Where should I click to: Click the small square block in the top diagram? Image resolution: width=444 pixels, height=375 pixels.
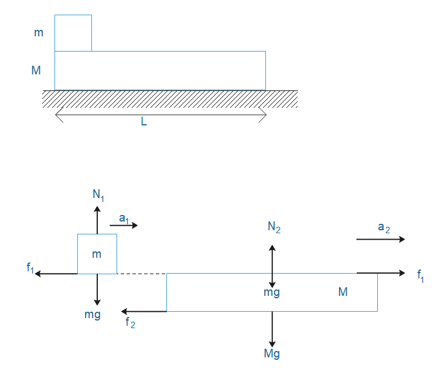(73, 33)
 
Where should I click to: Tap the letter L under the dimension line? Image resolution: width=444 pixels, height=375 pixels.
(144, 124)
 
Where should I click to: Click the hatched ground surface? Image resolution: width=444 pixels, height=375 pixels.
(170, 99)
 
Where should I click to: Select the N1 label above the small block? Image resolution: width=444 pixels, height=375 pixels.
(98, 195)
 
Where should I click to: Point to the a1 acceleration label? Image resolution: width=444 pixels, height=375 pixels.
(124, 218)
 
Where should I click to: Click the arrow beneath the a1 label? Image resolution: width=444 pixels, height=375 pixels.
(124, 225)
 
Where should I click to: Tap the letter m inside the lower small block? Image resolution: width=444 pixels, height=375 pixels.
(97, 254)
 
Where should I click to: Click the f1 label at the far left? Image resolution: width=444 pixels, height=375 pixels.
(30, 268)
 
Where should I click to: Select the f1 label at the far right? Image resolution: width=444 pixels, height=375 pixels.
(421, 275)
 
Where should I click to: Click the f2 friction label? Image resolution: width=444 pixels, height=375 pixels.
(130, 322)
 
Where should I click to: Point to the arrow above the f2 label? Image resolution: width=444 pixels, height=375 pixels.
(144, 311)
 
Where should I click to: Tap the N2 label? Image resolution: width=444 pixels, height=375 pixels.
(274, 228)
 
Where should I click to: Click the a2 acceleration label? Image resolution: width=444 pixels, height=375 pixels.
(384, 227)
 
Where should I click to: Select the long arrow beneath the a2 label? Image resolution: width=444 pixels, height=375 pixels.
(380, 239)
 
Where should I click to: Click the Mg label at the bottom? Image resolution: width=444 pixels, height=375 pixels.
(272, 353)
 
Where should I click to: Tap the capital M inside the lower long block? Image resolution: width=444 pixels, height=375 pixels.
(343, 291)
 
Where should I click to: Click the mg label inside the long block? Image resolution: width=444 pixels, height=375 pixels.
(272, 292)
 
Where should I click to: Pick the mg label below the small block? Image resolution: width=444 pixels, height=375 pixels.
(93, 314)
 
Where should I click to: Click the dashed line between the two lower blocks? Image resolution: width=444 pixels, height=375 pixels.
(142, 274)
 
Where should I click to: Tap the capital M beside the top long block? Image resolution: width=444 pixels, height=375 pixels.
(36, 70)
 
